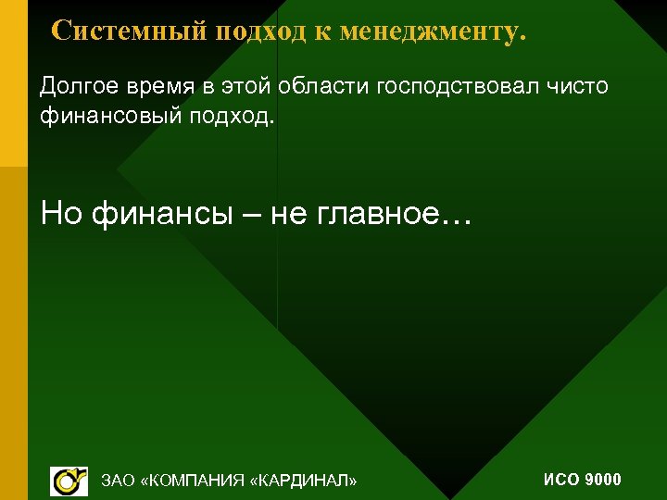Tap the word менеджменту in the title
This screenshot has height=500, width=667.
[433, 31]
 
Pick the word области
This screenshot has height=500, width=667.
[326, 88]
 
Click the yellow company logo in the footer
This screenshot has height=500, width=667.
[69, 481]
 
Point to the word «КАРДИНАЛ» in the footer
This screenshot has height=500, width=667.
[303, 481]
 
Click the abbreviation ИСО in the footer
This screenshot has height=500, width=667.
[561, 480]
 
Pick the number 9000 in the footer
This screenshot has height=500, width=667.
[604, 480]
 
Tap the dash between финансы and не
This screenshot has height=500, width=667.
[253, 216]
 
